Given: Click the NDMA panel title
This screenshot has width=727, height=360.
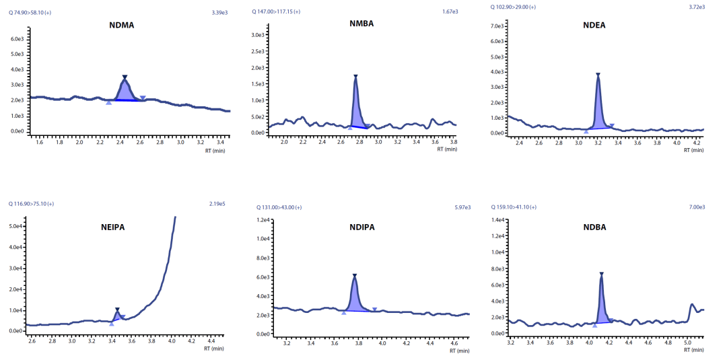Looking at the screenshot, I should [121, 26].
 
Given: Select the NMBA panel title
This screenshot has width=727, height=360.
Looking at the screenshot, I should [361, 24].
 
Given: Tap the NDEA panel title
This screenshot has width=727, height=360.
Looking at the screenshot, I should [595, 26].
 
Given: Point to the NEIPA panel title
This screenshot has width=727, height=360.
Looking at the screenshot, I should [112, 227].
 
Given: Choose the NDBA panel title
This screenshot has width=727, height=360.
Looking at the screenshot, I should [594, 227].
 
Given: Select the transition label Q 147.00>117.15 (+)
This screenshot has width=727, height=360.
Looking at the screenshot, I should [277, 11].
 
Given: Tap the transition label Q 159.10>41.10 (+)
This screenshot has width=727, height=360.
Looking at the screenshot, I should [514, 207].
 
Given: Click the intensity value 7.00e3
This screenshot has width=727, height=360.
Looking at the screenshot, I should [697, 207].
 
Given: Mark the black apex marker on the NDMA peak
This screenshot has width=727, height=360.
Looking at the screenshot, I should [125, 77].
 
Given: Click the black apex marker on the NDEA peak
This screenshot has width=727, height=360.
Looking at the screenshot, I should [598, 75].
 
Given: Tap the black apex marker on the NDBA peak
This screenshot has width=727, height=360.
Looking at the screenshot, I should [601, 274].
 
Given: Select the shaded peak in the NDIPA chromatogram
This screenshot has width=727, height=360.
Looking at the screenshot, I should [355, 297].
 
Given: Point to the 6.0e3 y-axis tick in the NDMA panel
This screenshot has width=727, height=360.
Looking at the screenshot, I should [17, 39].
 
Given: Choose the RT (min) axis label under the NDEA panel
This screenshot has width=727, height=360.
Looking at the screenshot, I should [693, 150].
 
